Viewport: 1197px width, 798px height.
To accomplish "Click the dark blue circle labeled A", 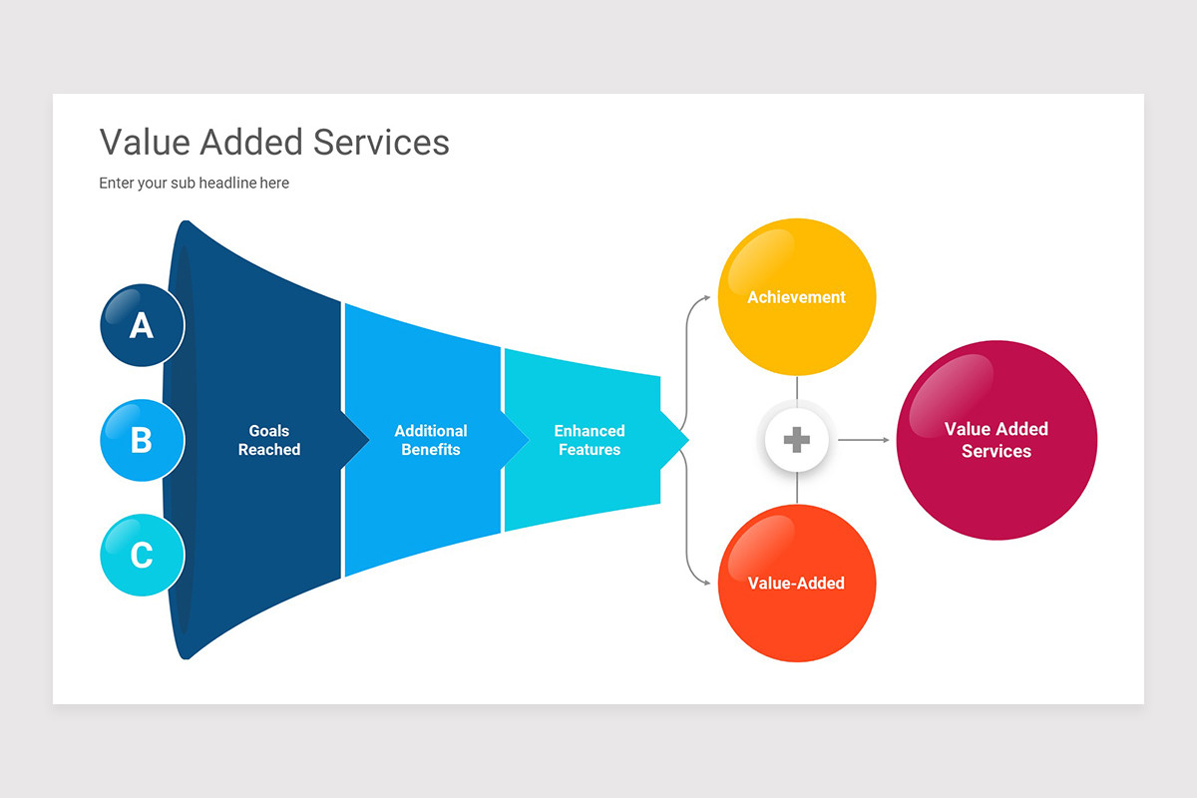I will pyautogui.click(x=142, y=325).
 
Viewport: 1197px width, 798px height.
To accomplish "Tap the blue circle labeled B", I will pyautogui.click(x=142, y=440).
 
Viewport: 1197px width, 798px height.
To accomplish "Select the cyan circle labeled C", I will pyautogui.click(x=142, y=555).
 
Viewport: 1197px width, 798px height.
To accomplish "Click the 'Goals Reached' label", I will pyautogui.click(x=268, y=440).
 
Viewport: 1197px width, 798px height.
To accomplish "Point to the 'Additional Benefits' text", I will pyautogui.click(x=431, y=440).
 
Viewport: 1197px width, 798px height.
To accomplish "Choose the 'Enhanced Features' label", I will pyautogui.click(x=590, y=440).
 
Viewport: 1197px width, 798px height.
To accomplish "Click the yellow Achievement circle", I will pyautogui.click(x=797, y=297).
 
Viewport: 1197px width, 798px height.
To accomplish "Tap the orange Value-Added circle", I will pyautogui.click(x=797, y=583).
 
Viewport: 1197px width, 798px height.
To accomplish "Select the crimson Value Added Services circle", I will pyautogui.click(x=997, y=440).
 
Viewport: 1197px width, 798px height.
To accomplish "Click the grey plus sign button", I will pyautogui.click(x=797, y=440).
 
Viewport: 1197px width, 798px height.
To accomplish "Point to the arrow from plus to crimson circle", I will pyautogui.click(x=863, y=440).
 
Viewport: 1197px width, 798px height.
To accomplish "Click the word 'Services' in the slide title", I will pyautogui.click(x=381, y=143).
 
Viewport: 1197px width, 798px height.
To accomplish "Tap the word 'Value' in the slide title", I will pyautogui.click(x=145, y=143).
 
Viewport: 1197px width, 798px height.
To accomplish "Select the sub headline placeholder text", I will pyautogui.click(x=194, y=184).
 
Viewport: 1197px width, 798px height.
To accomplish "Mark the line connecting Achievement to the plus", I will pyautogui.click(x=797, y=389).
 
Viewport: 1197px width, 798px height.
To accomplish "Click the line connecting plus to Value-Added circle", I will pyautogui.click(x=797, y=489).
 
